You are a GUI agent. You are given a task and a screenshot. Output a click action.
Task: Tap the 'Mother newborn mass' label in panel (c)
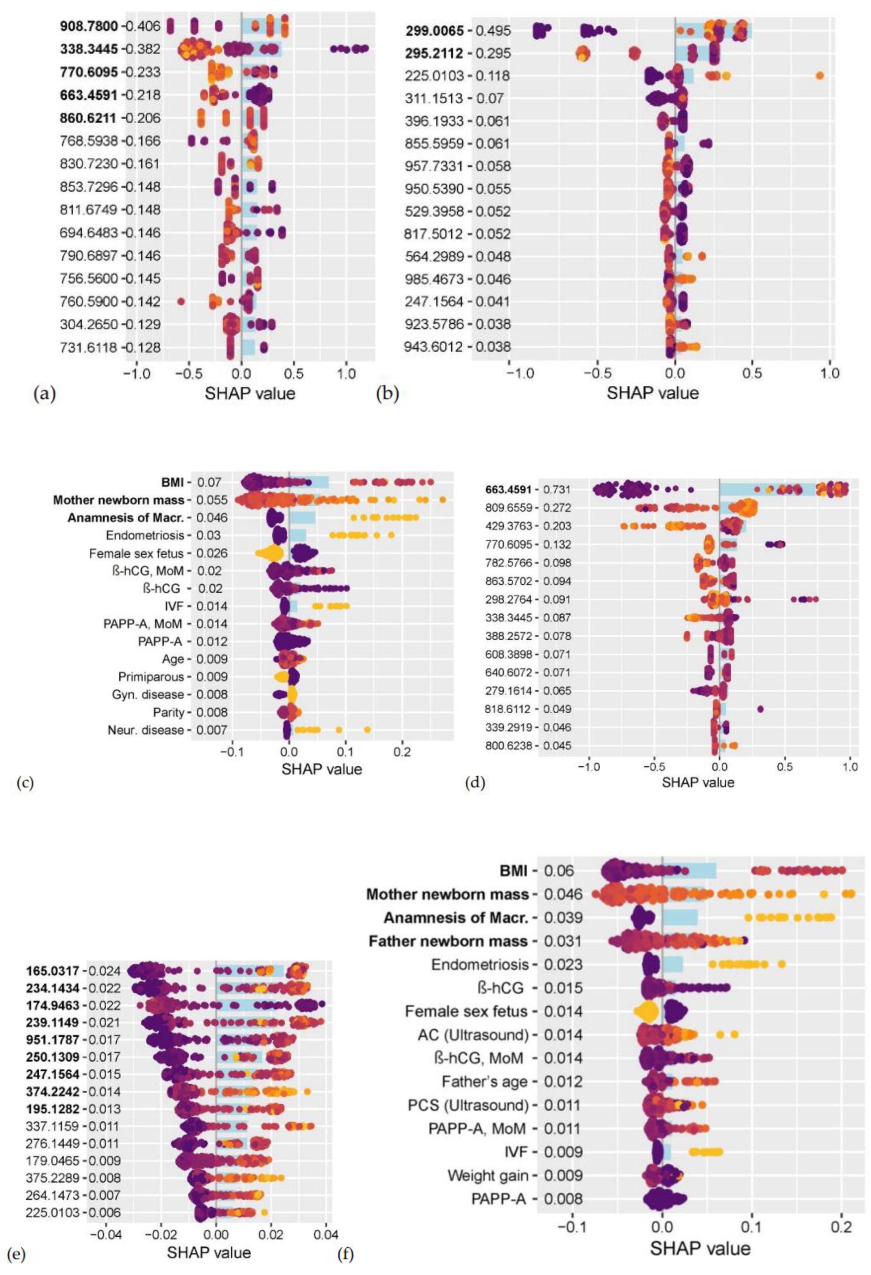[x=118, y=500]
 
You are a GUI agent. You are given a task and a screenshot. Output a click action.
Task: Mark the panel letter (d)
[x=475, y=783]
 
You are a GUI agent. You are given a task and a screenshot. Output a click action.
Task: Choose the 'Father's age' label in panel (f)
[x=484, y=1082]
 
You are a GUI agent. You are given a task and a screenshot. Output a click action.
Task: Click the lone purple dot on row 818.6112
[x=760, y=709]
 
